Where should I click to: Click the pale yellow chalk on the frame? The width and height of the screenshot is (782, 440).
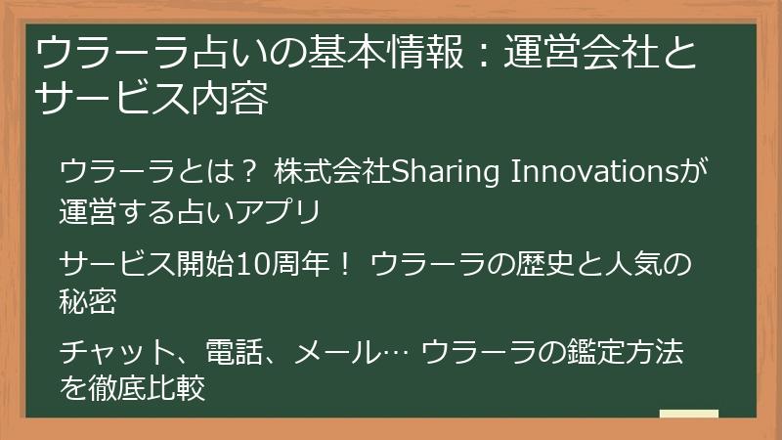(x=688, y=414)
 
